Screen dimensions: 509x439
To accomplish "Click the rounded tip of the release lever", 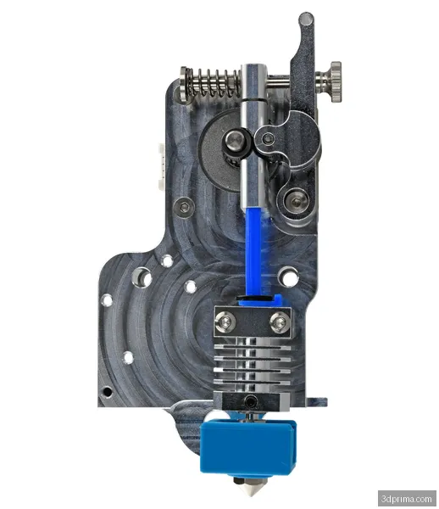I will pyautogui.click(x=306, y=19).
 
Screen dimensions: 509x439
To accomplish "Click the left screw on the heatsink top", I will pyautogui.click(x=226, y=322).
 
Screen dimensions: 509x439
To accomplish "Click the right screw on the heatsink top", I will pyautogui.click(x=280, y=322).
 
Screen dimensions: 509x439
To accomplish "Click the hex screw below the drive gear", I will pyautogui.click(x=185, y=206).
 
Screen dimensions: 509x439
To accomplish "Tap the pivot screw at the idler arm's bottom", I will pyautogui.click(x=295, y=200).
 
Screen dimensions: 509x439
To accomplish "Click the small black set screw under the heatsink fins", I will pyautogui.click(x=251, y=398).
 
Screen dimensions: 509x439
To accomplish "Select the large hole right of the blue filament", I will pyautogui.click(x=289, y=276).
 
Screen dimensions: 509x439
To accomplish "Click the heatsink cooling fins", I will pyautogui.click(x=252, y=361).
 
